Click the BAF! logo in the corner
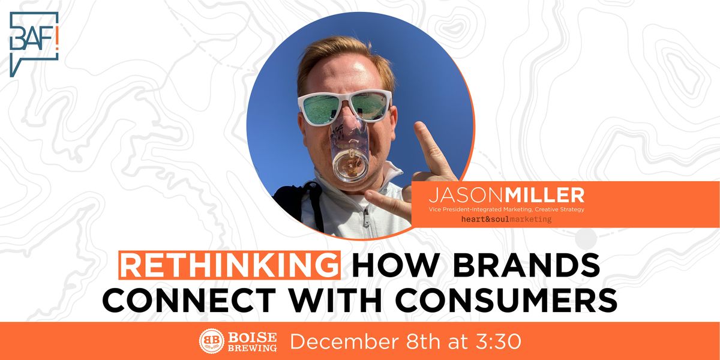(x=34, y=43)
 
